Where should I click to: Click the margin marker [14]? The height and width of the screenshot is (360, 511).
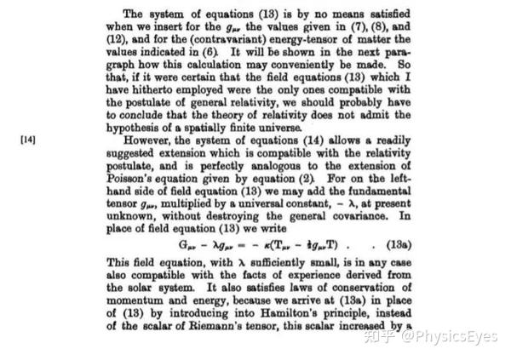coord(29,139)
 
